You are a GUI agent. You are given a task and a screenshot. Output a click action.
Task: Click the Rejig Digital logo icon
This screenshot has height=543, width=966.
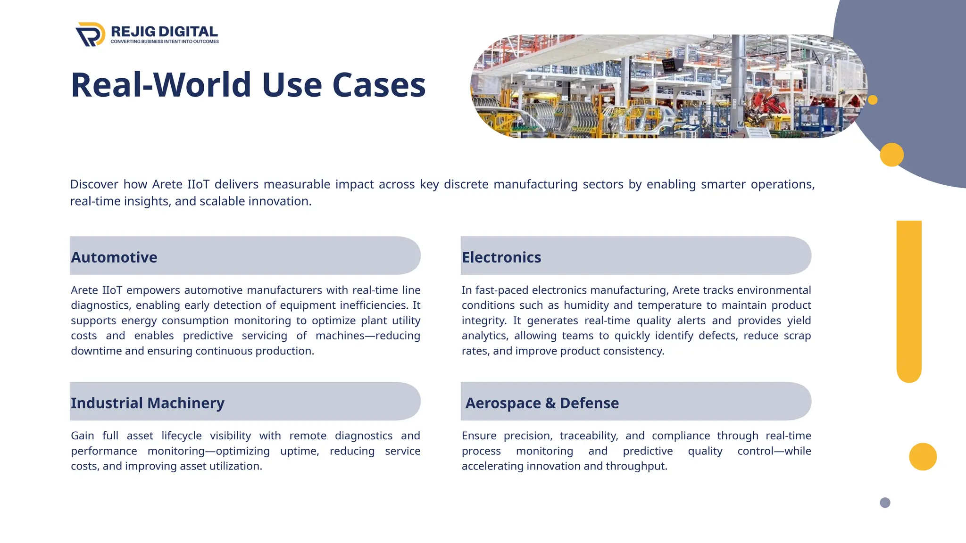90,34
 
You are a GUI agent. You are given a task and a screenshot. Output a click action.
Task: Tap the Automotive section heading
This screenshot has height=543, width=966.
114,257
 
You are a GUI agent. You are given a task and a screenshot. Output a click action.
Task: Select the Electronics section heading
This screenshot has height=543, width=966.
501,257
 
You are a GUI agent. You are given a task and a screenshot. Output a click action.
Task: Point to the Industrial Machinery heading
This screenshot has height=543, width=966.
148,403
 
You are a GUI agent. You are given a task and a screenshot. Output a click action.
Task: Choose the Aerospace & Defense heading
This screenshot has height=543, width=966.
542,403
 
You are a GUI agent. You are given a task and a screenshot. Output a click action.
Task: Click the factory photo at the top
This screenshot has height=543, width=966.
669,86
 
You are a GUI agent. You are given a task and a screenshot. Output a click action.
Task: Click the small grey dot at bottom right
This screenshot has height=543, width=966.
885,502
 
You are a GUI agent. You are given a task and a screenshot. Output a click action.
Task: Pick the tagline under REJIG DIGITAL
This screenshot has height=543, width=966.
165,41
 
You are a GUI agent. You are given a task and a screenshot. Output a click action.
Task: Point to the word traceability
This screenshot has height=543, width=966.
589,436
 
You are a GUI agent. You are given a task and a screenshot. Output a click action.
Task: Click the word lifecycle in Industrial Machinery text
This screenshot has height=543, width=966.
182,436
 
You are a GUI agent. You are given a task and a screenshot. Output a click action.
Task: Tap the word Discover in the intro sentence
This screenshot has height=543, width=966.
94,184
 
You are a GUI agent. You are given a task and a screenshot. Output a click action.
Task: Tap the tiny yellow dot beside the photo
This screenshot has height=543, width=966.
873,100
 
